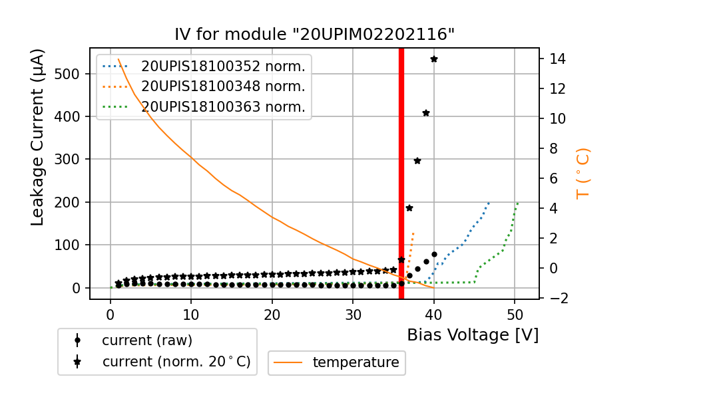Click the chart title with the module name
click(314, 35)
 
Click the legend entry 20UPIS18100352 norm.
click(223, 66)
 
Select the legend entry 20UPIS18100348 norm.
click(223, 86)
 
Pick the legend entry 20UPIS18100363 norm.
click(223, 107)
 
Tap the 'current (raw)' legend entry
click(146, 340)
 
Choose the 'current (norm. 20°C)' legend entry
click(176, 362)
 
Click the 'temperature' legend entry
click(356, 362)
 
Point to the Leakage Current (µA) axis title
click(38, 137)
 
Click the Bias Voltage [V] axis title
click(473, 334)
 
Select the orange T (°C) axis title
click(583, 173)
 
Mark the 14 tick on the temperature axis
click(558, 59)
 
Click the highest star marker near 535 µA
click(434, 59)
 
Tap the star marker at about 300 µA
click(417, 160)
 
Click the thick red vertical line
click(401, 173)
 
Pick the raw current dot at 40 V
click(434, 254)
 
